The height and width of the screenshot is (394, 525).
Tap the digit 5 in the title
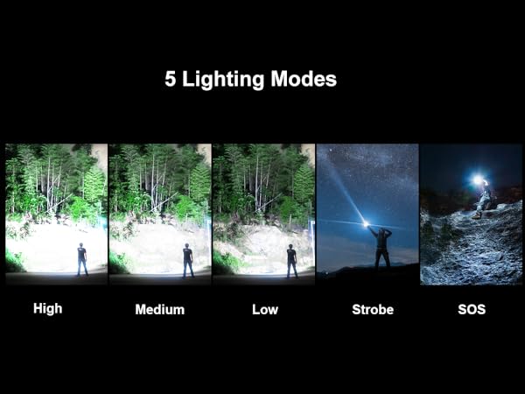click(170, 80)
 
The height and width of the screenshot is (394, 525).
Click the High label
click(49, 309)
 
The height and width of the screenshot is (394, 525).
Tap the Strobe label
click(372, 310)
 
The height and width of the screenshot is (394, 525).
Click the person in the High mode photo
click(81, 260)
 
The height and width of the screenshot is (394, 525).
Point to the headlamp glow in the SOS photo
click(478, 180)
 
